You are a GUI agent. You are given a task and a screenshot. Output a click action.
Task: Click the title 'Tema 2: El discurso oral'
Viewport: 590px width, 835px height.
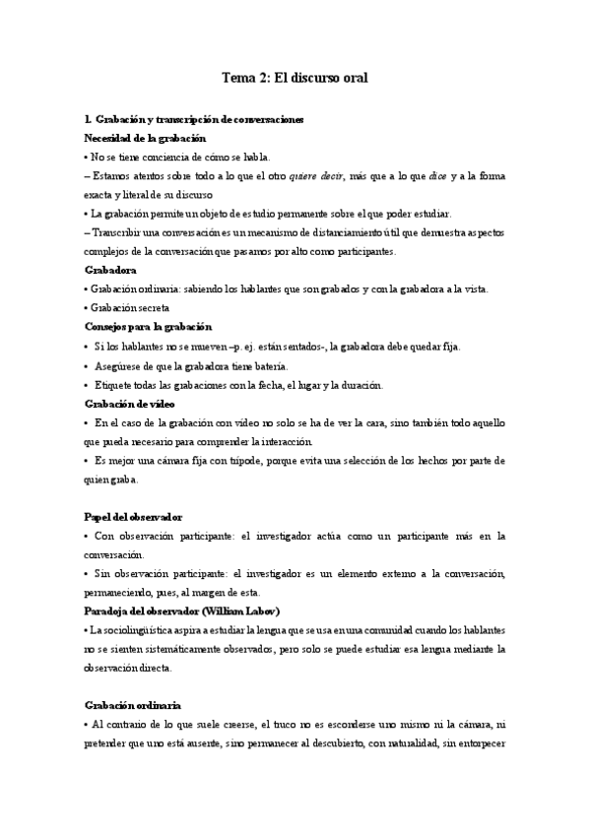click(295, 76)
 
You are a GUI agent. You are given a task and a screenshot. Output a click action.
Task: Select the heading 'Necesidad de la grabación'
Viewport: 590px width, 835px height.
click(145, 139)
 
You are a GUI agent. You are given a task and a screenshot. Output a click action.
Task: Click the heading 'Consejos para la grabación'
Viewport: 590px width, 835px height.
click(148, 326)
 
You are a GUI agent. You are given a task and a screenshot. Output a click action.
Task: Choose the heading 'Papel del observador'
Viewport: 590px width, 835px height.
click(134, 517)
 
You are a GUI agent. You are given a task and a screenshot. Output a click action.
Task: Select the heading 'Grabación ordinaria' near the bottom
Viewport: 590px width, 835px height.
click(132, 706)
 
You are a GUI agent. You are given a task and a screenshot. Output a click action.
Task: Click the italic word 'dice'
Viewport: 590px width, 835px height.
click(438, 175)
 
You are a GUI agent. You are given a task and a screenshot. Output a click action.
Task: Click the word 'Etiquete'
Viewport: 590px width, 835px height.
click(116, 384)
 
